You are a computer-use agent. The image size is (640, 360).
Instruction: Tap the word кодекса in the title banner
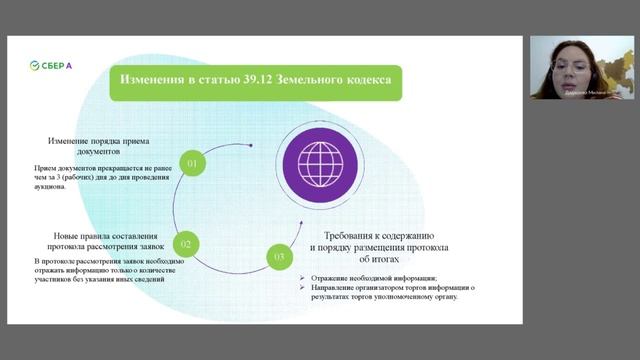coord(367,79)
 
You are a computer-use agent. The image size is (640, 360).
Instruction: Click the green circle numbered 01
coord(193,161)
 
